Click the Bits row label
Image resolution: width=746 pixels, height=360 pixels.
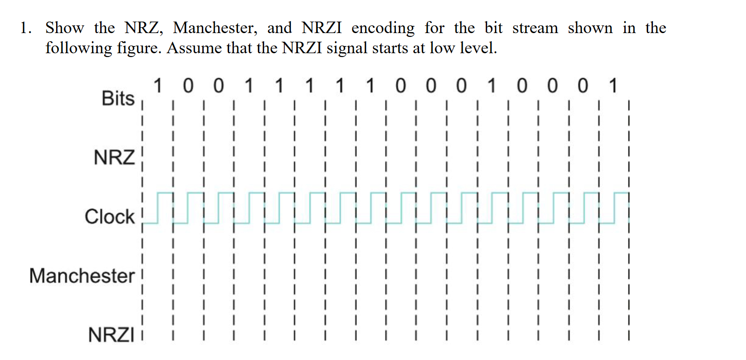(x=118, y=99)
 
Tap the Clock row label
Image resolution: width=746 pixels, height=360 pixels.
(x=110, y=216)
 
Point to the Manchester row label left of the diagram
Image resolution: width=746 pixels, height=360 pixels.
(x=82, y=276)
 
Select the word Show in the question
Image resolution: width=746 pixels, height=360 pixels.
(x=64, y=28)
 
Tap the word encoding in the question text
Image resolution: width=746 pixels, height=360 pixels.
(x=383, y=28)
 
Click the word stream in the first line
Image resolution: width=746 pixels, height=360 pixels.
(x=535, y=28)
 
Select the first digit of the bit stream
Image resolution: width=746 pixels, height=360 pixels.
(x=158, y=87)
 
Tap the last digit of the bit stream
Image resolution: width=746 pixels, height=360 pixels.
(x=612, y=87)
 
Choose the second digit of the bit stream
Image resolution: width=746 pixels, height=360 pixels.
(x=188, y=87)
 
